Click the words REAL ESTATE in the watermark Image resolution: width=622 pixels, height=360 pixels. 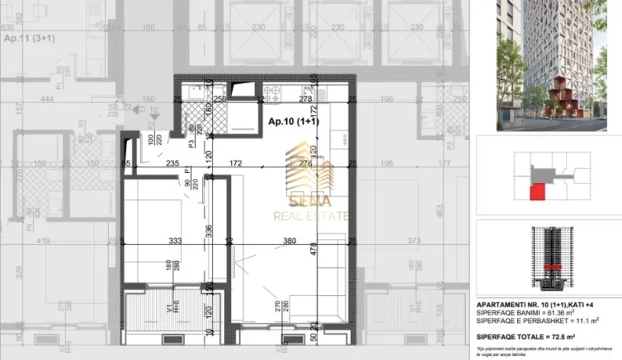pyautogui.click(x=311, y=216)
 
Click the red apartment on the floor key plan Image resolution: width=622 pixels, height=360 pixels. pyautogui.click(x=539, y=192)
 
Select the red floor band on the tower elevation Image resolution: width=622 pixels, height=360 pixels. pyautogui.click(x=550, y=266)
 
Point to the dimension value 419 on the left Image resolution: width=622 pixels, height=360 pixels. pyautogui.click(x=43, y=240)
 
